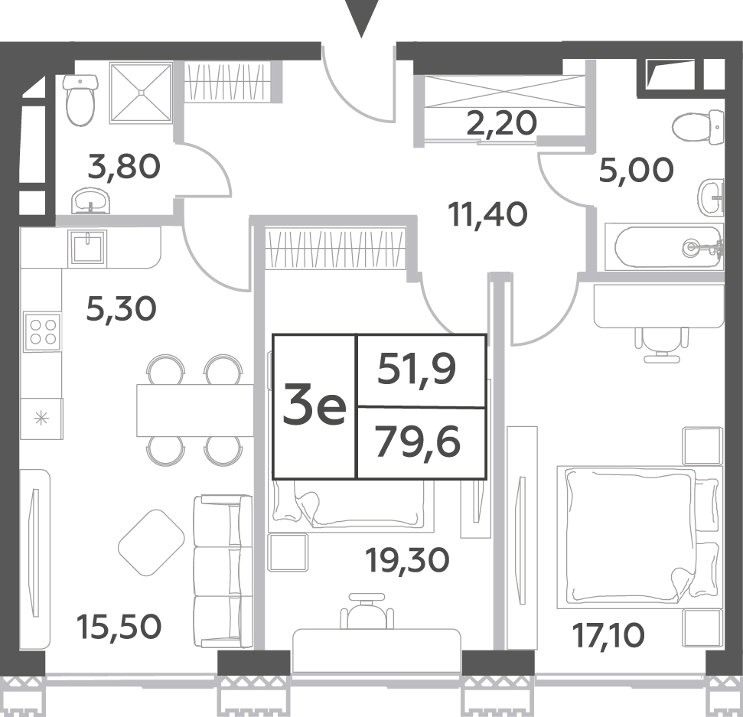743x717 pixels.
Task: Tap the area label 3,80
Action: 124,168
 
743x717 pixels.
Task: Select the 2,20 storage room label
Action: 502,122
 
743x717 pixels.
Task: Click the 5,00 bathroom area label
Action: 636,170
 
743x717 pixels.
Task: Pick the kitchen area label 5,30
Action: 122,309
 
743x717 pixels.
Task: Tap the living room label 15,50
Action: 119,627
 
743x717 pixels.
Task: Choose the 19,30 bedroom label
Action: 408,560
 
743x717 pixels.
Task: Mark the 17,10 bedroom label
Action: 608,635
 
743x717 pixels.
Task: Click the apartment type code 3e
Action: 314,406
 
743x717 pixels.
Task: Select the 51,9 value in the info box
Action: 417,370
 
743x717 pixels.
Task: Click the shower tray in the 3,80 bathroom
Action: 141,93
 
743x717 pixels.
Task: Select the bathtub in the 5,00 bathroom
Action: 664,247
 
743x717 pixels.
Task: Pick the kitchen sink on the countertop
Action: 87,246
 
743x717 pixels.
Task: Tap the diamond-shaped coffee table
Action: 152,543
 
